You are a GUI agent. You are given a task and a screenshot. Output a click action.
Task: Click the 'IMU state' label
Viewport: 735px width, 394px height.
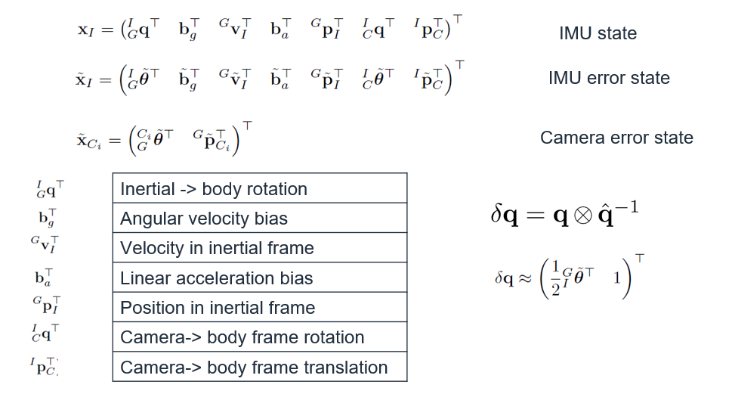point(598,34)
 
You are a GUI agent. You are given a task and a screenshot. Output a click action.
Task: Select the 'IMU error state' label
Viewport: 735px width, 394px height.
point(609,79)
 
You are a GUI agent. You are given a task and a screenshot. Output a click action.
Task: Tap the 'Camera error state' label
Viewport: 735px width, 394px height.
point(616,138)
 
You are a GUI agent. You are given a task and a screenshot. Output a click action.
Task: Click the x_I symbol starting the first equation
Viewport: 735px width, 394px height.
point(85,31)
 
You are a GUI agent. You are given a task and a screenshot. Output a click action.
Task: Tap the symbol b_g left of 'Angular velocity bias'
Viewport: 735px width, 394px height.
point(48,218)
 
